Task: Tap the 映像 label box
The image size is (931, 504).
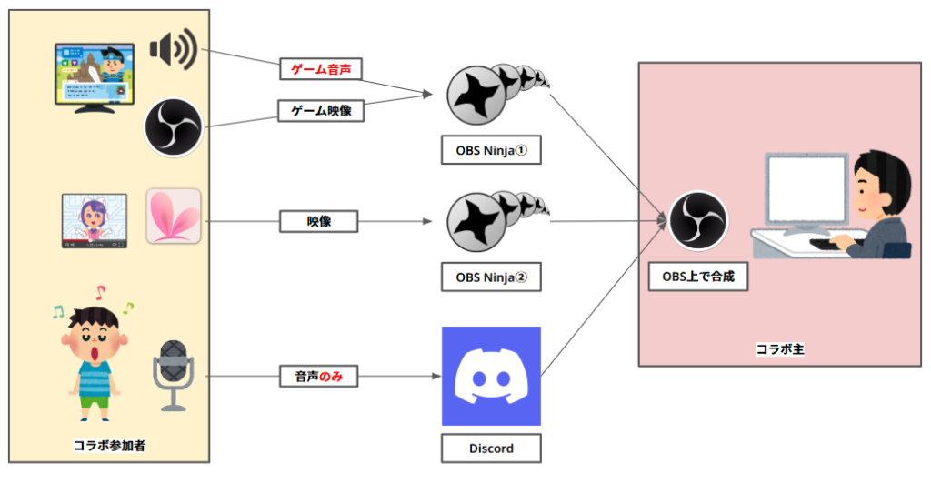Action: coord(318,220)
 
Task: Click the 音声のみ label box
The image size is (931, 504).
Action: coord(318,375)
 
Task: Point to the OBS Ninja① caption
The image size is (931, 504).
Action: coord(491,150)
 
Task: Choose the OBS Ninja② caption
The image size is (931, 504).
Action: coord(491,277)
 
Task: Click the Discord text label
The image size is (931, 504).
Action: coord(491,449)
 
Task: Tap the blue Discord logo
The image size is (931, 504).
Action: coord(491,376)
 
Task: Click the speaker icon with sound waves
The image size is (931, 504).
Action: coord(173,50)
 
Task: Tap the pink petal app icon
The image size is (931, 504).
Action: coord(173,217)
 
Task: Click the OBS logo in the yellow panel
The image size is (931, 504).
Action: coord(173,126)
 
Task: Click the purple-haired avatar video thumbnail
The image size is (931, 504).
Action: coord(95,220)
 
